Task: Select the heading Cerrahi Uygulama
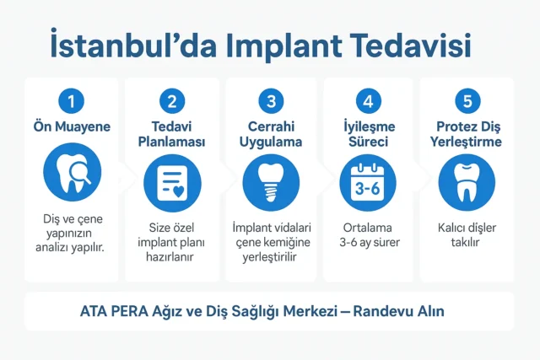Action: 270,135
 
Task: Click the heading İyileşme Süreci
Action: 368,135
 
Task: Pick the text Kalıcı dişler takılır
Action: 467,235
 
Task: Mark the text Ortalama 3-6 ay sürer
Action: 368,235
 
